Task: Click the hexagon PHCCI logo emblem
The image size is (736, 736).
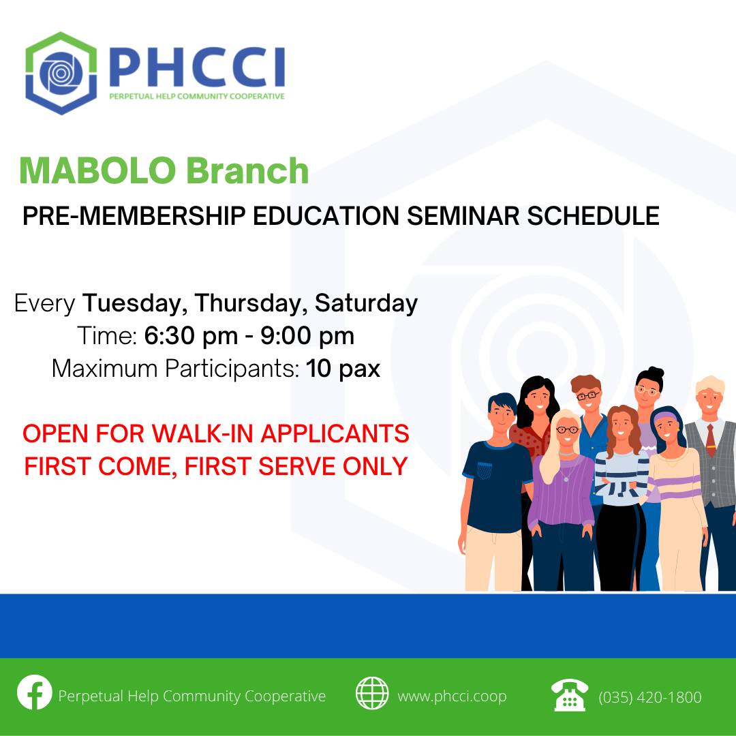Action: click(61, 73)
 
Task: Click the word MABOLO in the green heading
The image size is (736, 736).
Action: click(97, 170)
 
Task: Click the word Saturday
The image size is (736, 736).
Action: click(366, 303)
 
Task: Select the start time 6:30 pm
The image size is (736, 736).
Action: click(191, 336)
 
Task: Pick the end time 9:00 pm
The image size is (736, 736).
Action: click(307, 336)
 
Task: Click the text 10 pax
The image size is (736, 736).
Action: click(343, 369)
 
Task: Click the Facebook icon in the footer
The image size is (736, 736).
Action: click(34, 692)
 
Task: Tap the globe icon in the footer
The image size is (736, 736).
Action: click(372, 693)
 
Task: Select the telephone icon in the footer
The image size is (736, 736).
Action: click(569, 695)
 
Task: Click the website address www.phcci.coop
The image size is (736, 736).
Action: click(452, 696)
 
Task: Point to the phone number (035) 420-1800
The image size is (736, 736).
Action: click(650, 697)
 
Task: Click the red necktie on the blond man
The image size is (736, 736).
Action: click(711, 440)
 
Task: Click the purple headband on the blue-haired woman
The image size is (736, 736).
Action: click(666, 416)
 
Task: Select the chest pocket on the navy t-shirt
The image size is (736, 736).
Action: click(485, 470)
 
